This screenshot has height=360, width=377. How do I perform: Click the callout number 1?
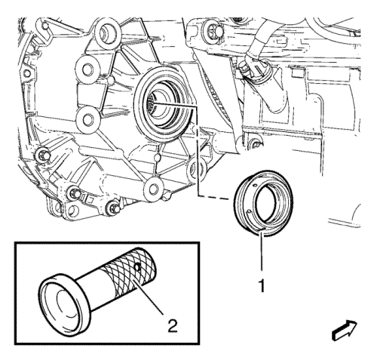[262, 286]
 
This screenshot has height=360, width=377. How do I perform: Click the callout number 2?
[173, 326]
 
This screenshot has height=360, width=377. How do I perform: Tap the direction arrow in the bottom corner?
[345, 331]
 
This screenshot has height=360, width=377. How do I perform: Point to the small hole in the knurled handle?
[137, 267]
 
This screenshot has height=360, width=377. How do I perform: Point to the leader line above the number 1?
[262, 252]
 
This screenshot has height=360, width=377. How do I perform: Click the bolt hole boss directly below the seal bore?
[153, 188]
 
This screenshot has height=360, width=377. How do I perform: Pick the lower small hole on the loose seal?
[249, 211]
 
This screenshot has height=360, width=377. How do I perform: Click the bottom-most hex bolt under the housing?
[112, 208]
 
